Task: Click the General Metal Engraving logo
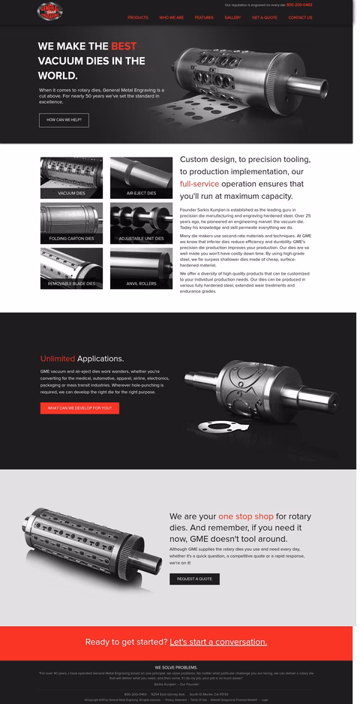(x=49, y=11)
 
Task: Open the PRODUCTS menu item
(x=138, y=17)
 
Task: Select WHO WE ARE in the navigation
(x=171, y=17)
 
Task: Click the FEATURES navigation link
(x=204, y=17)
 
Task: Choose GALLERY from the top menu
(x=232, y=17)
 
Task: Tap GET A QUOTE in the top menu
(x=265, y=17)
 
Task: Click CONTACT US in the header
(x=300, y=17)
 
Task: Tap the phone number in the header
(x=299, y=5)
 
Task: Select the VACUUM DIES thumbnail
(x=71, y=178)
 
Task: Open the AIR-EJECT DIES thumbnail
(x=141, y=178)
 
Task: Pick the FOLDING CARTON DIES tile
(x=71, y=223)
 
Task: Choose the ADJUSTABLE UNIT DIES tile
(x=141, y=223)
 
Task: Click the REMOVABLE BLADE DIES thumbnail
(x=71, y=268)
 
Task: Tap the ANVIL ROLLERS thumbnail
(x=141, y=268)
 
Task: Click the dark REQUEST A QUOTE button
(x=194, y=579)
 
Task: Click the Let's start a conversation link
(x=218, y=642)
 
